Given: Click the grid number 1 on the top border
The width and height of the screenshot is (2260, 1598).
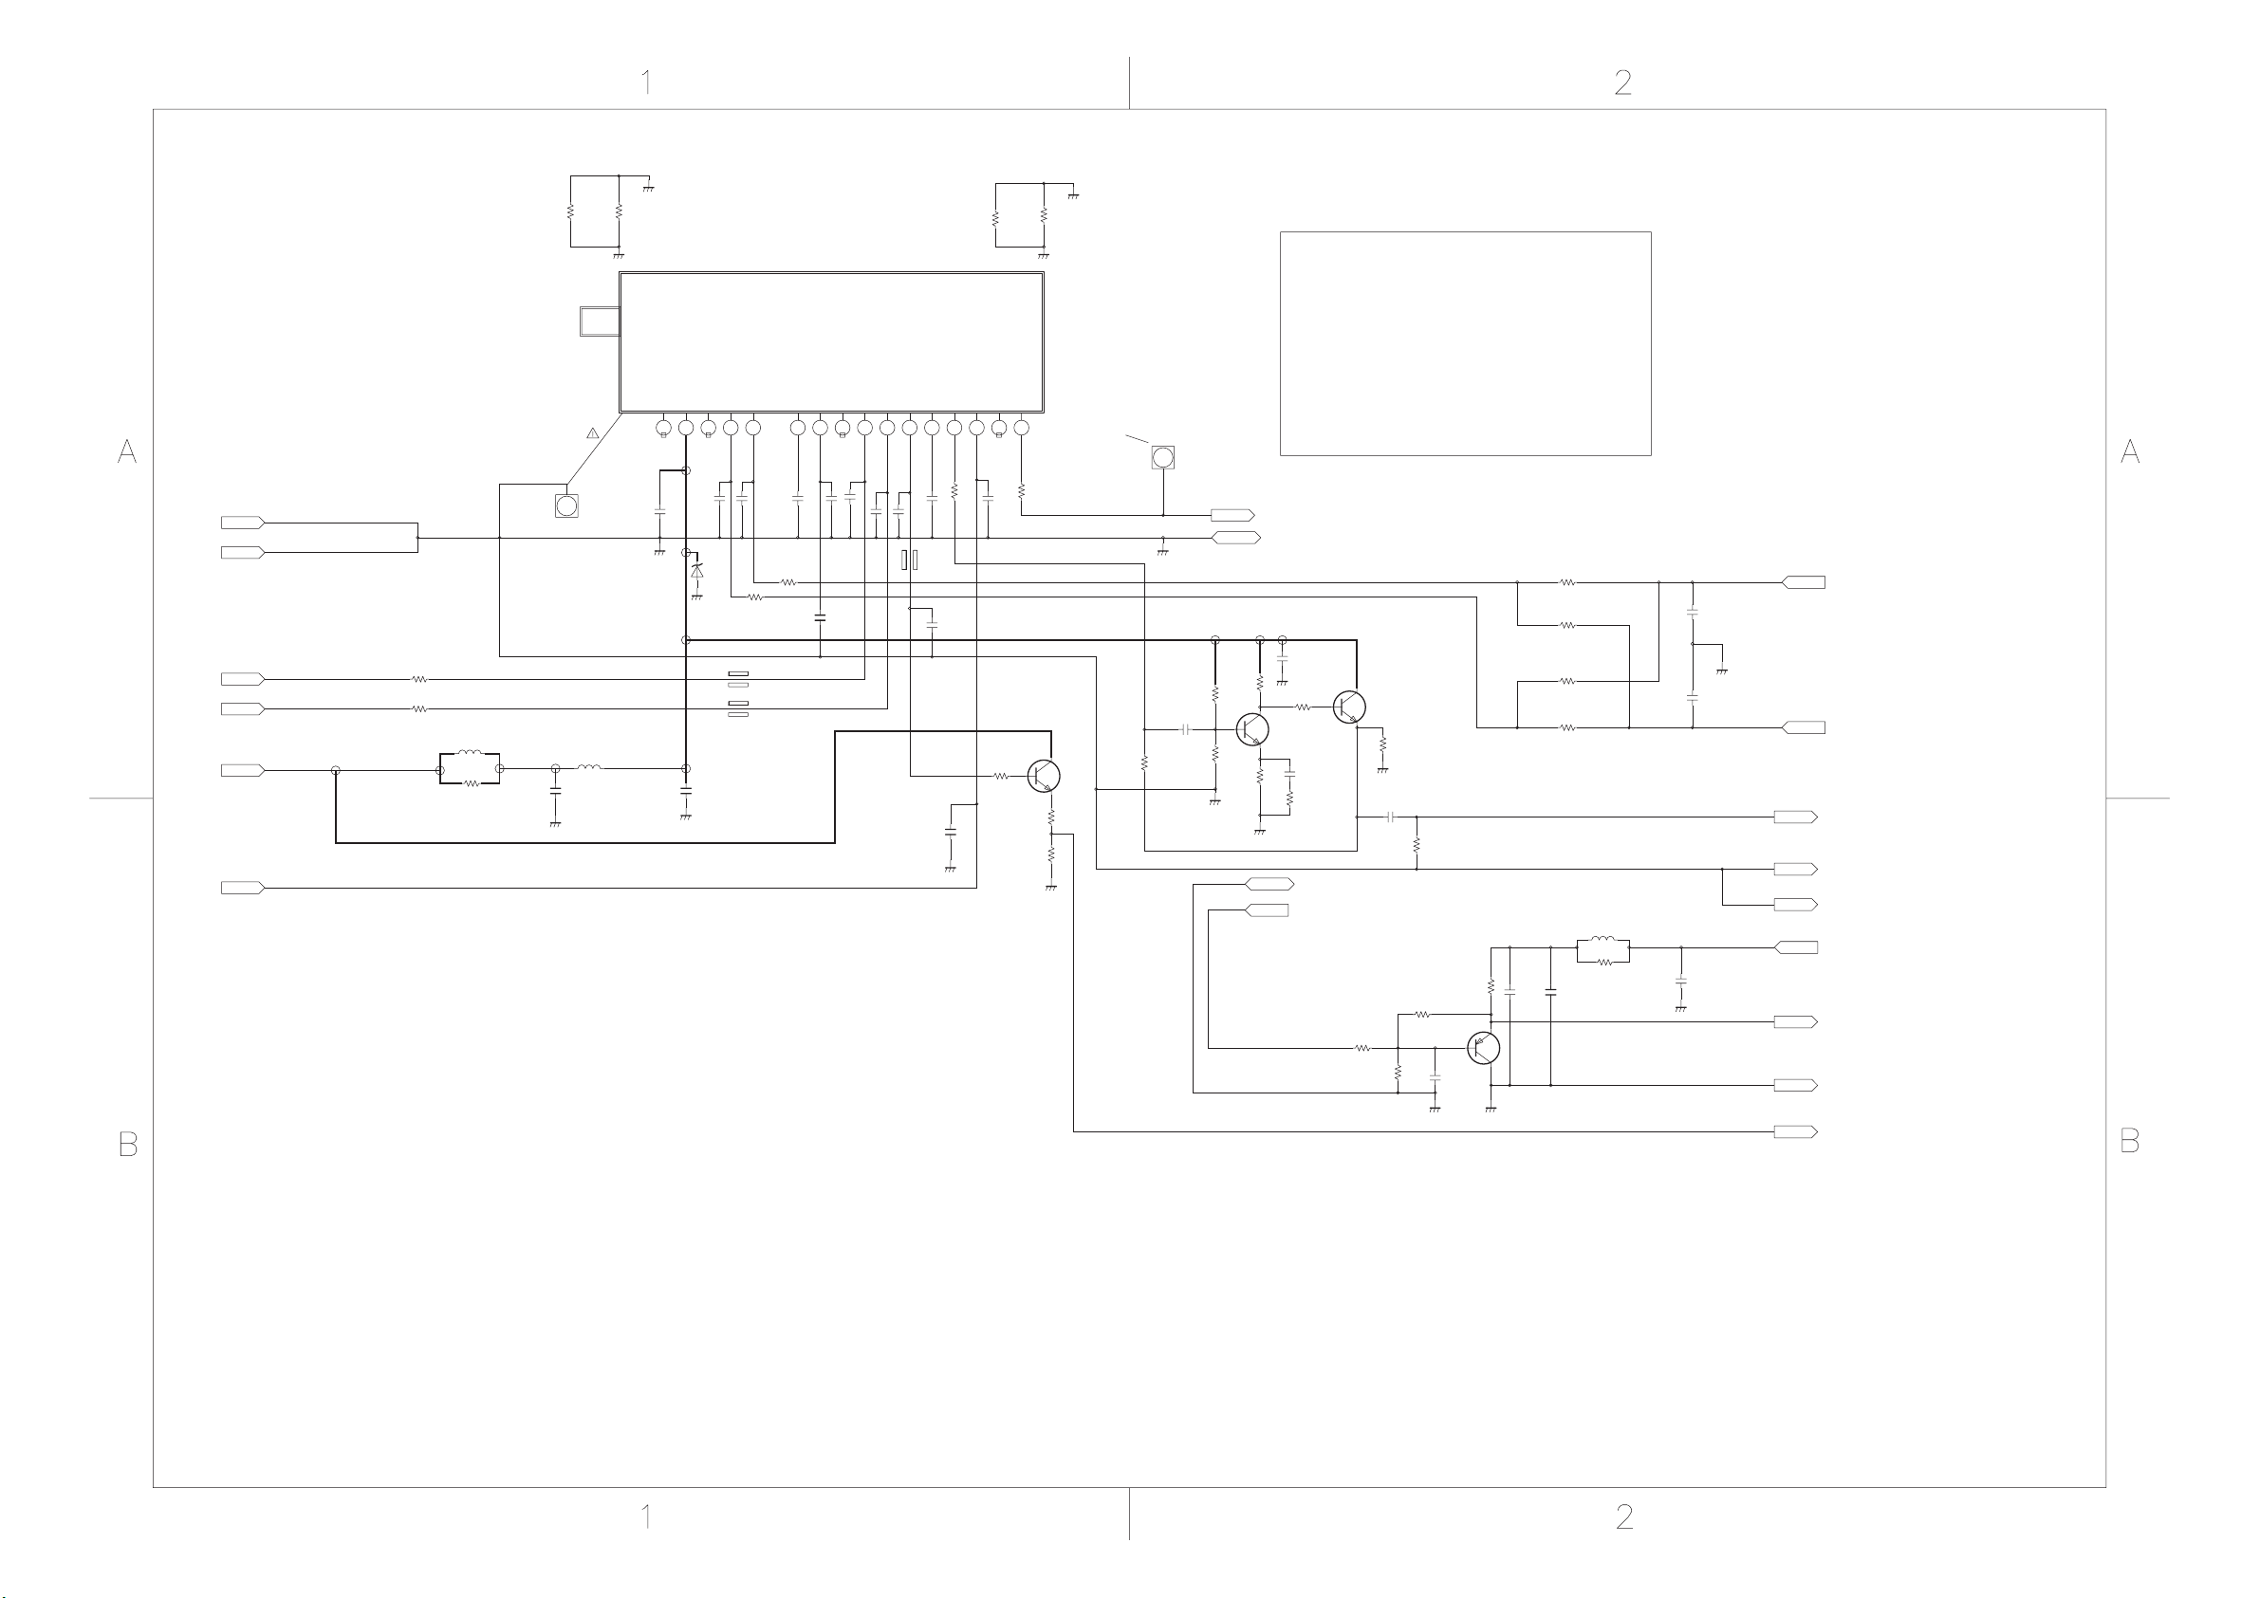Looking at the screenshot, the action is (x=647, y=82).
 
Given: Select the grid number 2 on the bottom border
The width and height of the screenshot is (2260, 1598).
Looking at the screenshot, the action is (x=1623, y=1516).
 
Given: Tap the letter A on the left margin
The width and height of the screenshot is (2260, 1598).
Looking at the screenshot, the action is (x=127, y=451).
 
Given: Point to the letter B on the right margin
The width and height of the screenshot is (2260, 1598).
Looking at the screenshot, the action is (x=2129, y=1142).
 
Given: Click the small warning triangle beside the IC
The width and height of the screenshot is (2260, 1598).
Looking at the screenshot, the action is (x=593, y=433).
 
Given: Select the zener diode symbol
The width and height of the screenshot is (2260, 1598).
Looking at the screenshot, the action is (x=697, y=571).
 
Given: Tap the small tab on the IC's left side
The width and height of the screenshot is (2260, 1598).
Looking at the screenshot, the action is (x=599, y=321).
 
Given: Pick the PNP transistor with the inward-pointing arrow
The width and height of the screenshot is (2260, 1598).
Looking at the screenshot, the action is (x=1482, y=1048).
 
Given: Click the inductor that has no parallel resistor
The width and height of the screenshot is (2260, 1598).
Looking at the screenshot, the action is (x=589, y=767).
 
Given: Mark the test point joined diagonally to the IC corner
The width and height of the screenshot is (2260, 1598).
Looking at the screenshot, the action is (x=566, y=505).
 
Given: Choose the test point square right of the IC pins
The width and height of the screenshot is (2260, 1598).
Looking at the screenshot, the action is (x=1162, y=457).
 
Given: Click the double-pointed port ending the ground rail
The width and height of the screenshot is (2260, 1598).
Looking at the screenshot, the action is (x=1235, y=539).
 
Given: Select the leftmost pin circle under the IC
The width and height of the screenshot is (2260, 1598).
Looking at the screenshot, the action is (x=663, y=428).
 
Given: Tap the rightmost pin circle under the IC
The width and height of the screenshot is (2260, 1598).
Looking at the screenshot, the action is (x=1021, y=428).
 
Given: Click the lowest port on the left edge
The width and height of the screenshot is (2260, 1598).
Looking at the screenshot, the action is (x=242, y=888).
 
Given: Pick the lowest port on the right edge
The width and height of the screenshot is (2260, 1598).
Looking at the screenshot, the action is (x=1795, y=1132).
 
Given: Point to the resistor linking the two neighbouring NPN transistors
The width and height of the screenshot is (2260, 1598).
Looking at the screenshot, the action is (x=1303, y=707).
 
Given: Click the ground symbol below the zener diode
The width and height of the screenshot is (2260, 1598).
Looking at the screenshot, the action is (x=697, y=597).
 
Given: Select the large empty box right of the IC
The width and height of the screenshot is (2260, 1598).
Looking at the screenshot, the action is (x=1465, y=343).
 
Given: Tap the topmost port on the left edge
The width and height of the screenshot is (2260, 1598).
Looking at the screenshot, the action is (x=242, y=523).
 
